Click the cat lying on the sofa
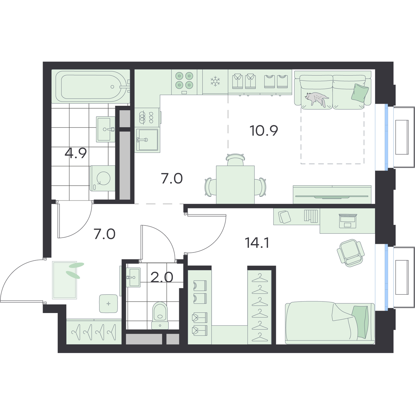click(316, 99)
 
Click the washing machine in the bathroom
click(102, 178)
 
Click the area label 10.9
click(264, 130)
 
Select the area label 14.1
click(257, 243)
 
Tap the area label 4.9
click(76, 153)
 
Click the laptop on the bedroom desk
click(348, 221)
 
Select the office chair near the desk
click(350, 253)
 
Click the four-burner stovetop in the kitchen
click(184, 82)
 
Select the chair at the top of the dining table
click(236, 159)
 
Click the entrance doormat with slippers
click(65, 280)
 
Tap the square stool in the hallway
click(109, 304)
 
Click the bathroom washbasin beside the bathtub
click(105, 129)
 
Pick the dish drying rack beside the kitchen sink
click(147, 118)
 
